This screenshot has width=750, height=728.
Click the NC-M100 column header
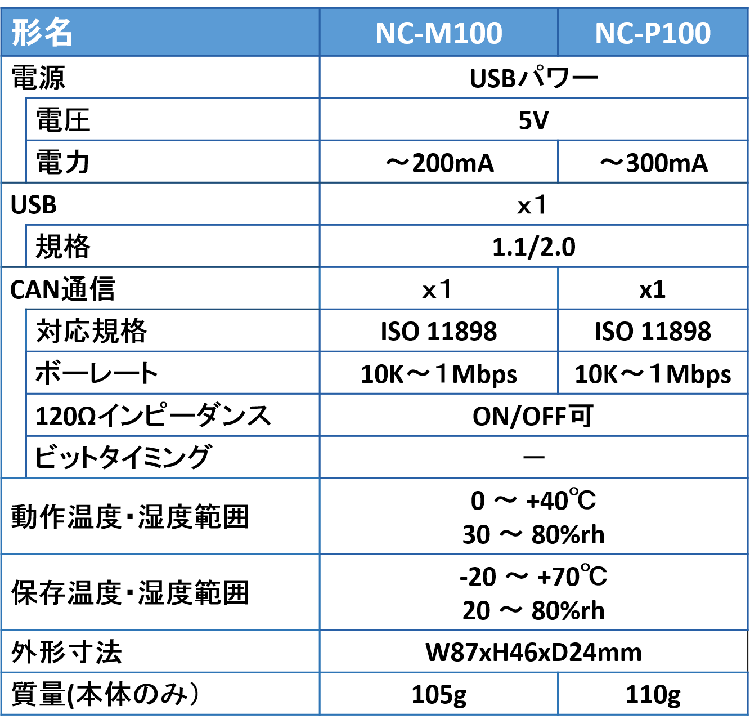439,33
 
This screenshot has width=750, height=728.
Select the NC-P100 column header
653,33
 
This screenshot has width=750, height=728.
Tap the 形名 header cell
42,33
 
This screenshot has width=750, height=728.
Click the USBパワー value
533,78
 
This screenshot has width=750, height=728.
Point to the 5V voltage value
533,120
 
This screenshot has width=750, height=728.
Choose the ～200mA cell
439,163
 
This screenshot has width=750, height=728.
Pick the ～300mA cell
653,163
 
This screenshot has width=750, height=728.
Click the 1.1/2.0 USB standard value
533,247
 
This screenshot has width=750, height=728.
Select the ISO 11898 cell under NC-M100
439,331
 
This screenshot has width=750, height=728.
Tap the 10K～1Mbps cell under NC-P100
653,374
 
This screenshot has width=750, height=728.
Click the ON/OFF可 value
533,416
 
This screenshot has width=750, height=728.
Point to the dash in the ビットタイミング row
533,457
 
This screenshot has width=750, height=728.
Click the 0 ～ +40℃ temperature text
533,500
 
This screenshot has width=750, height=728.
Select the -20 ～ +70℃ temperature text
533,576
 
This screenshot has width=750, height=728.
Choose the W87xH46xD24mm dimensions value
533,653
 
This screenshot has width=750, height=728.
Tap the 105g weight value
439,695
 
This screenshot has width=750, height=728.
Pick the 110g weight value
653,695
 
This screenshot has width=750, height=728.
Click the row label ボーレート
96,373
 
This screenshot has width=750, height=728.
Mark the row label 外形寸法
66,652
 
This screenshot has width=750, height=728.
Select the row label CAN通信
62,289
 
